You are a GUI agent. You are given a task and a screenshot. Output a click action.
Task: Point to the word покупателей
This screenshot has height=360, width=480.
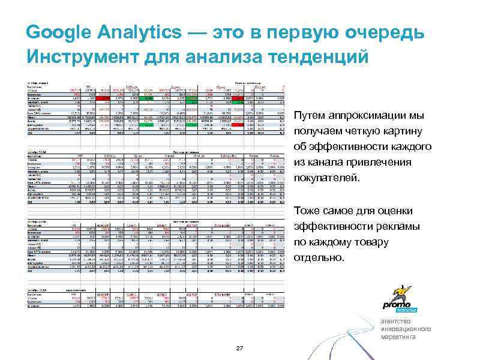pyautogui.click(x=328, y=178)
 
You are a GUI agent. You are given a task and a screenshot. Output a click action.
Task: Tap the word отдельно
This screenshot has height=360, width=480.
pyautogui.click(x=320, y=258)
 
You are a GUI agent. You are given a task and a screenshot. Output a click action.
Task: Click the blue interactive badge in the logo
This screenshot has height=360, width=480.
pyautogui.click(x=407, y=310)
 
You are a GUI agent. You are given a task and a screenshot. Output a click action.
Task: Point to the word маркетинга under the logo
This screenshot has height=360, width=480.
pyautogui.click(x=398, y=337)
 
